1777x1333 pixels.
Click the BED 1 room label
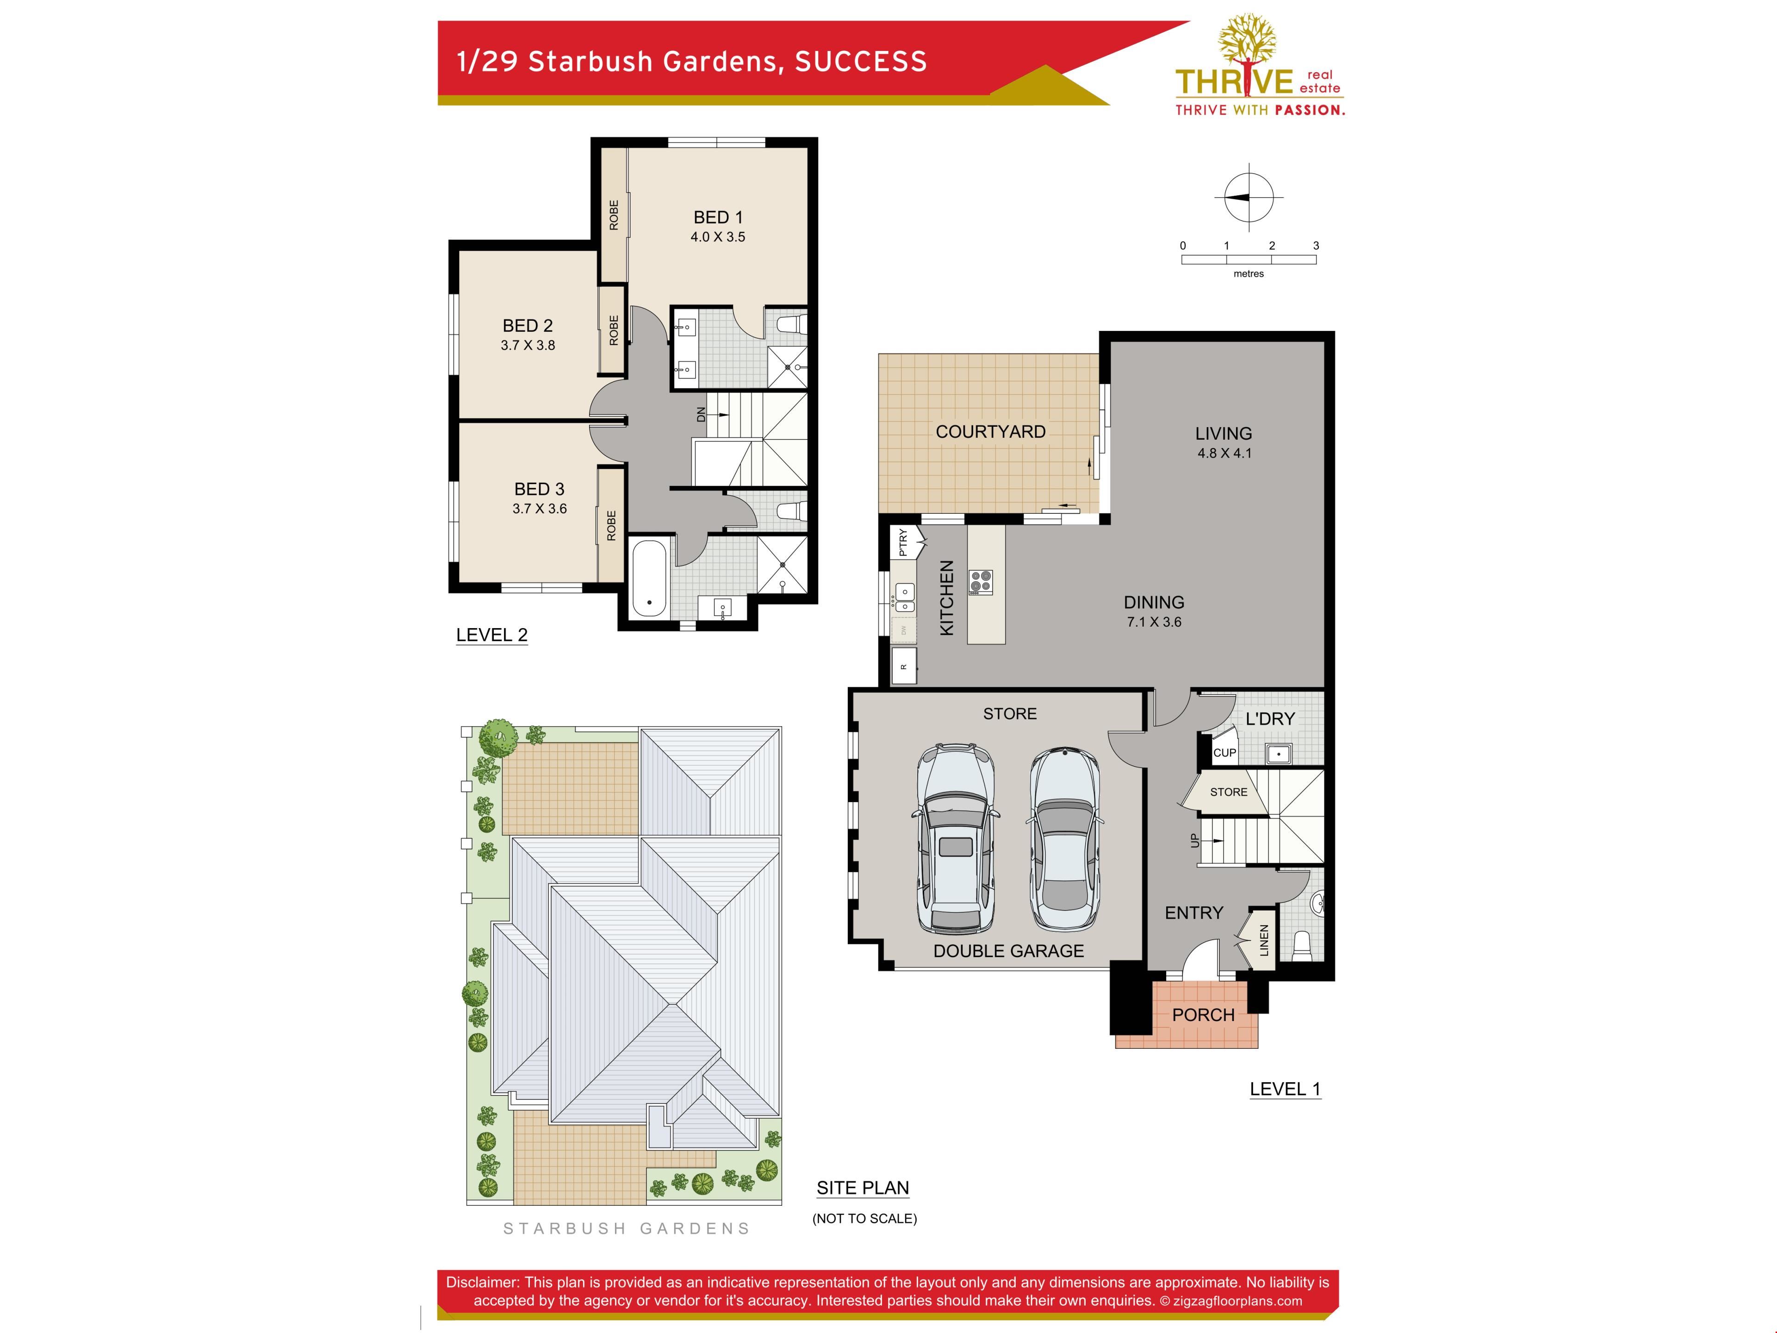coord(718,217)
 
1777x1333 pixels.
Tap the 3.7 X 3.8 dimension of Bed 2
coord(528,345)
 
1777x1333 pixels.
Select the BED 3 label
coord(539,488)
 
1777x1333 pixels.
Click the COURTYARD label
coord(990,431)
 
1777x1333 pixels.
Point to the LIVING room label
coord(1224,433)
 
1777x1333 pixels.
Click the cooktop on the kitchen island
coord(981,582)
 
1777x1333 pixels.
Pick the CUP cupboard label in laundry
coord(1224,753)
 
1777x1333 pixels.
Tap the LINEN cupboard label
coord(1264,940)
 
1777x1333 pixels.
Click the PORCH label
coord(1204,1015)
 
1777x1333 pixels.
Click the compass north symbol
coord(1249,197)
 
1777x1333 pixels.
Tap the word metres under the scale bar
coord(1249,274)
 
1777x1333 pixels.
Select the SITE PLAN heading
coord(863,1188)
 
